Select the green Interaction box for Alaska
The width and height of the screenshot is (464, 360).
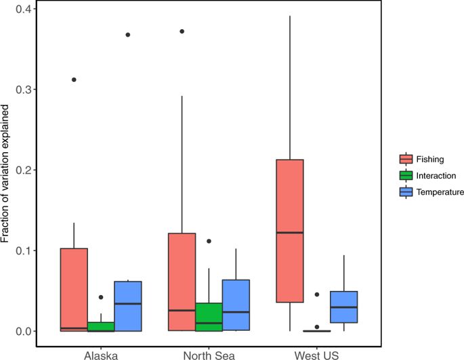coord(101,326)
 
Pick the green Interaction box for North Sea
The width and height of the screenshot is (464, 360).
coord(209,317)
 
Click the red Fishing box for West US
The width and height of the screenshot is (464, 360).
coord(289,231)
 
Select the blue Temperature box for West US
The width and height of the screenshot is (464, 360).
coord(343,307)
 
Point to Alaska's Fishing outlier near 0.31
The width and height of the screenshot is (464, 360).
coord(74,80)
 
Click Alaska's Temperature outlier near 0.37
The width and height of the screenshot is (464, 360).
coord(128,35)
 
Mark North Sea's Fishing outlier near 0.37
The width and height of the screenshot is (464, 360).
coord(182,31)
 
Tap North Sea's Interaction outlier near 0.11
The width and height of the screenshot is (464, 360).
coord(209,241)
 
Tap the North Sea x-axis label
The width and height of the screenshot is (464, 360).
coord(208,353)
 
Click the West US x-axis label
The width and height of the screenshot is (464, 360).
coord(316,353)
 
